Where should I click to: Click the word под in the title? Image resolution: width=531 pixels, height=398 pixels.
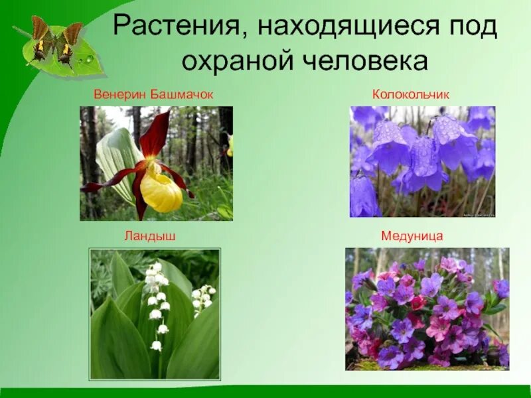coord(469,27)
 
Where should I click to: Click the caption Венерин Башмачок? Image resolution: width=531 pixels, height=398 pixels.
coord(153,95)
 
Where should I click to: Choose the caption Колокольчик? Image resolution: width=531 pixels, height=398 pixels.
coord(411,95)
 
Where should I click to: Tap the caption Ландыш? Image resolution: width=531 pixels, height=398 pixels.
coord(149,235)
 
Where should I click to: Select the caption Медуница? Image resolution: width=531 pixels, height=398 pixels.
coord(412,235)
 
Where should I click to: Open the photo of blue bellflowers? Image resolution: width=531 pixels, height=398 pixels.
coord(422,161)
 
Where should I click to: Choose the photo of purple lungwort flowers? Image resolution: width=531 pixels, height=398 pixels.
coord(427,308)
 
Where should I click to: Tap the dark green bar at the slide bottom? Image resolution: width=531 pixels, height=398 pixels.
coord(265,392)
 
